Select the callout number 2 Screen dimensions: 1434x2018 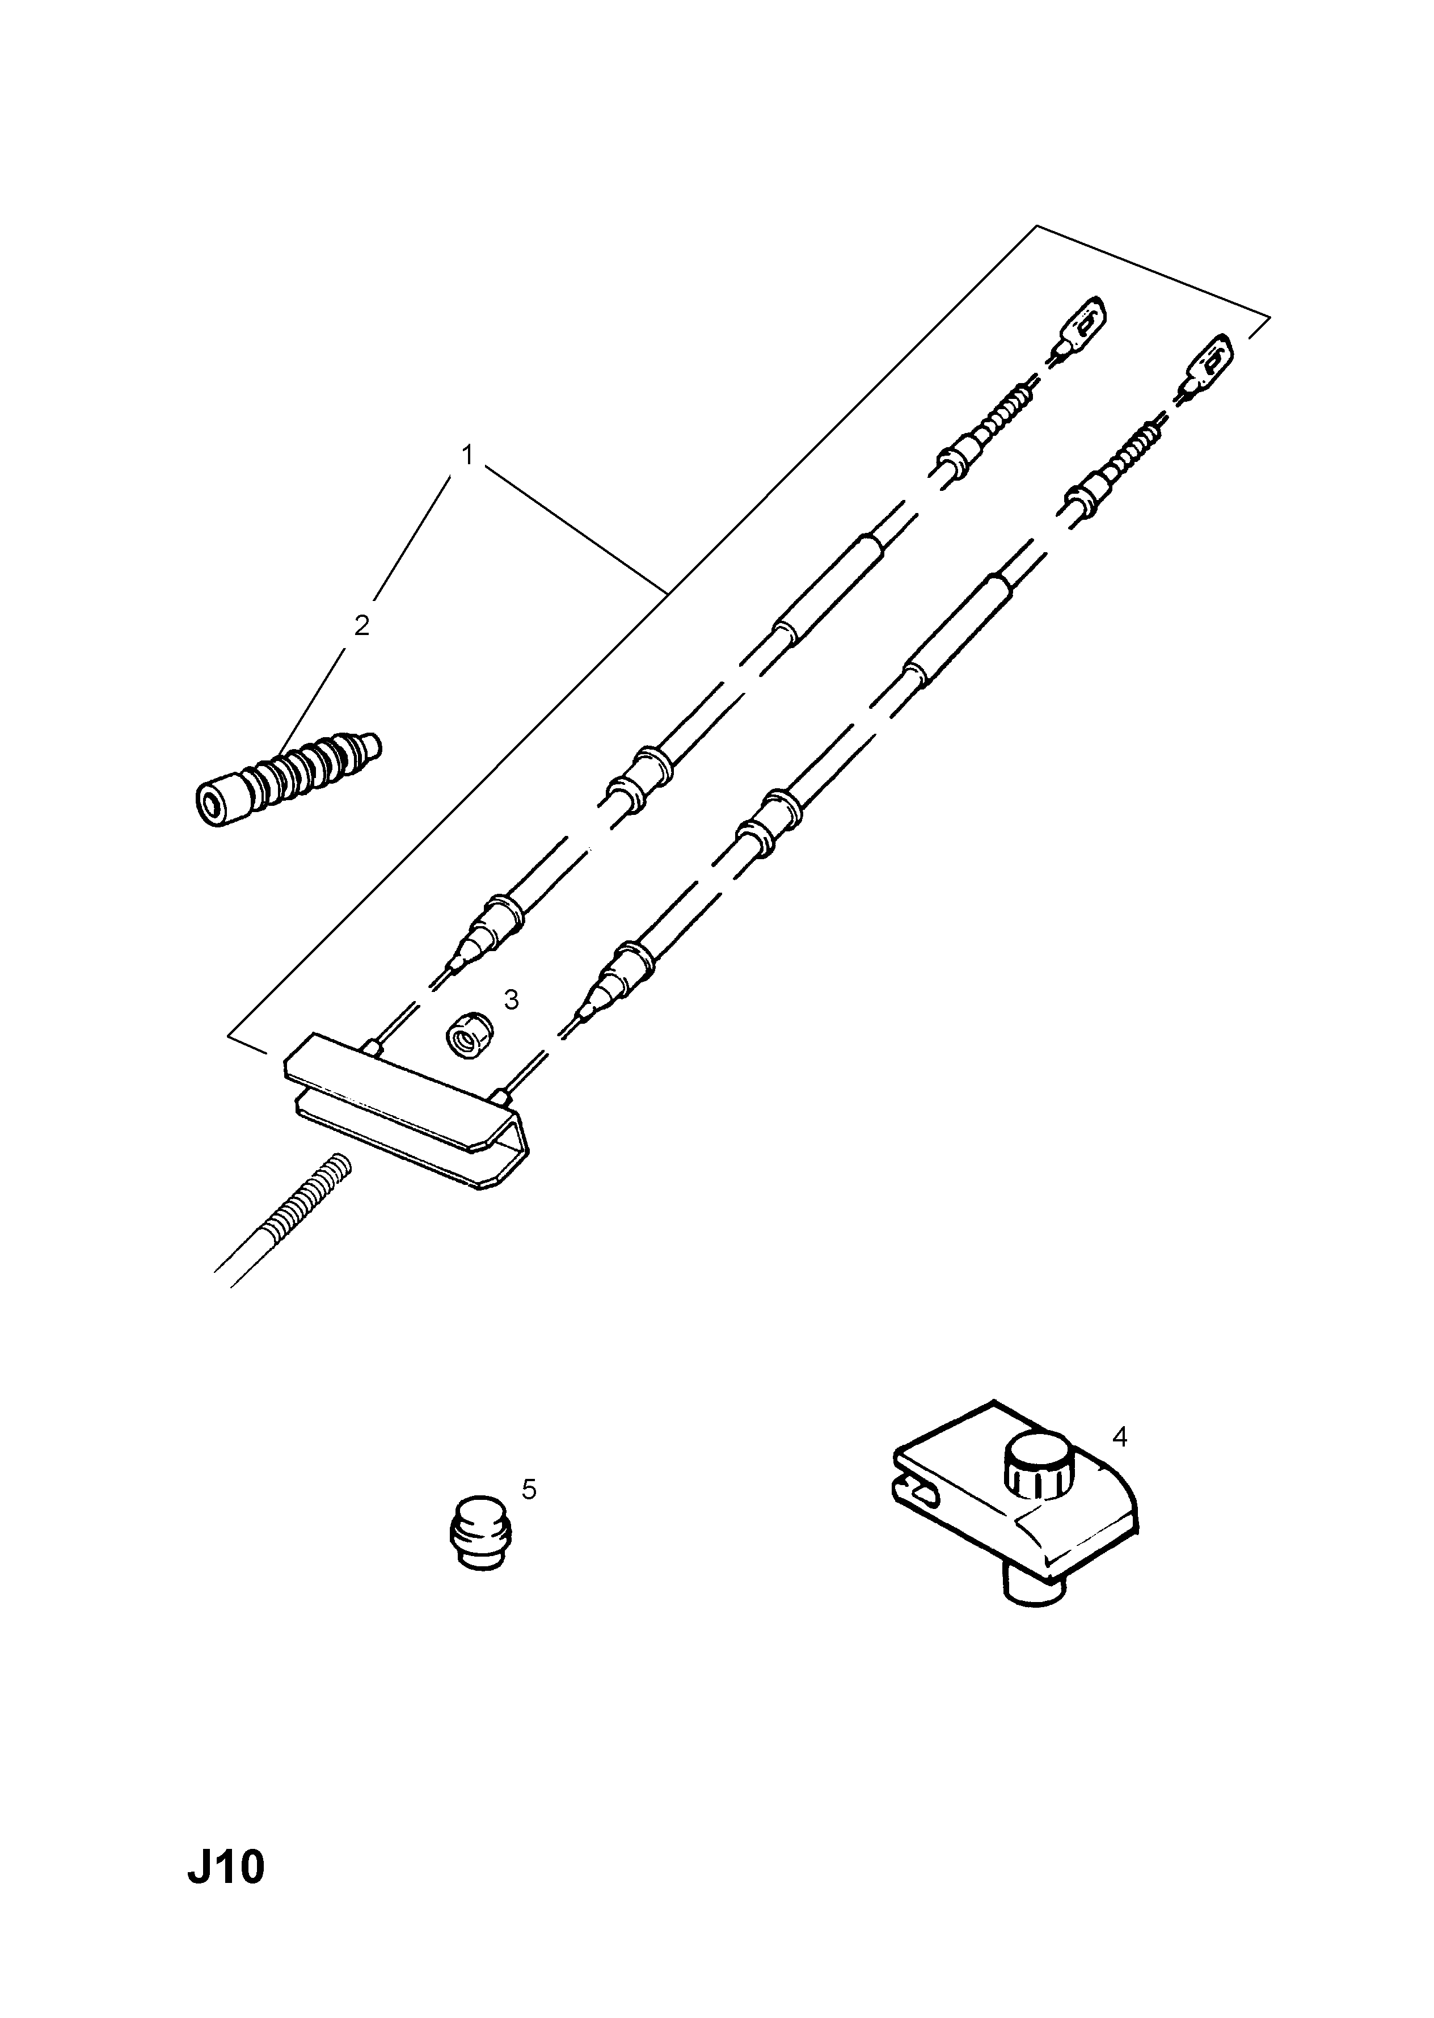coord(361,625)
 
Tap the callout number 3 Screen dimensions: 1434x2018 coord(511,1000)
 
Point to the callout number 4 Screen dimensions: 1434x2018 coord(1120,1437)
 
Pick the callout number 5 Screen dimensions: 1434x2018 coord(529,1489)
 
